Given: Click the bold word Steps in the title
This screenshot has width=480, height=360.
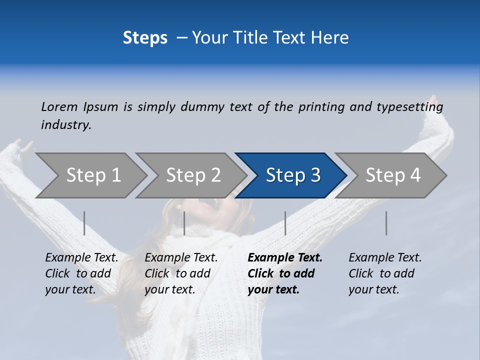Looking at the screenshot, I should tap(145, 38).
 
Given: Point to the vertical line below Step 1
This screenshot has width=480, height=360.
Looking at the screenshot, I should tap(84, 223).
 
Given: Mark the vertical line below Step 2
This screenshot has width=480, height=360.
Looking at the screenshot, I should tap(184, 223).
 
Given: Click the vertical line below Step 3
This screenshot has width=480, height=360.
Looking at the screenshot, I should tap(285, 223).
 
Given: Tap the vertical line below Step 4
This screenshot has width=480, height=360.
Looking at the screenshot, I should tap(386, 223).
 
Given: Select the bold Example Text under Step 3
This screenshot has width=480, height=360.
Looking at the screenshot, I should tap(285, 258).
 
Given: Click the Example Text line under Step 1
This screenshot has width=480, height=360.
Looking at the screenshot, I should tap(81, 258).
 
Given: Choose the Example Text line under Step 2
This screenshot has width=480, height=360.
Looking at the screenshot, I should tap(181, 258).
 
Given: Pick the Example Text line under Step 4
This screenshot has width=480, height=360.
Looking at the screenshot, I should tap(385, 258).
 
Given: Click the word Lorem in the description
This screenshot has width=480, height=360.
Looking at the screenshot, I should tap(59, 107).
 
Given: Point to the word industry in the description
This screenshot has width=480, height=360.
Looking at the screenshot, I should tap(66, 125).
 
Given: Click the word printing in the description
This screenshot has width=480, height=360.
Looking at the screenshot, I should tap(321, 107).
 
